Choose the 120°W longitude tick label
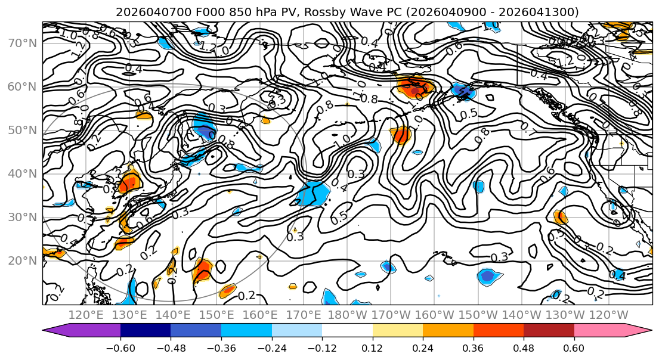coord(609,315)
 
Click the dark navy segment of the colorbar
coord(146,331)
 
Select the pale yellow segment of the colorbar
coord(398,331)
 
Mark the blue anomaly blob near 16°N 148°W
coord(488,276)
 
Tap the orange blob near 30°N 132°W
coord(560,217)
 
